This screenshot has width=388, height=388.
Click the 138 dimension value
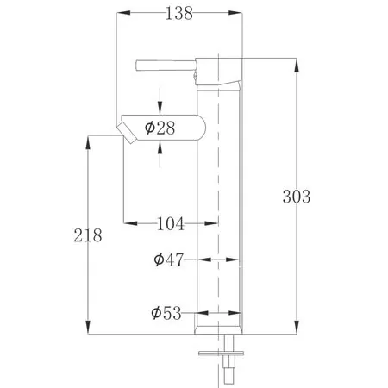pyautogui.click(x=179, y=13)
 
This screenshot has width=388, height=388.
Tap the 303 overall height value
pyautogui.click(x=297, y=197)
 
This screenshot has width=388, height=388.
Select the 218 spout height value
pyautogui.click(x=88, y=235)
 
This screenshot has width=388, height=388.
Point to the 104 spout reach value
pyautogui.click(x=170, y=223)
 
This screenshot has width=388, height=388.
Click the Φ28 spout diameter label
pyautogui.click(x=160, y=128)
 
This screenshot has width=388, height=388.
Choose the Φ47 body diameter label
pyautogui.click(x=168, y=260)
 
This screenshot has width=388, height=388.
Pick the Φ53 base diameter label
pyautogui.click(x=166, y=313)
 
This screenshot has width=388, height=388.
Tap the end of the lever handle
pyautogui.click(x=136, y=65)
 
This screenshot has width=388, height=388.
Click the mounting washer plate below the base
pyautogui.click(x=221, y=353)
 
